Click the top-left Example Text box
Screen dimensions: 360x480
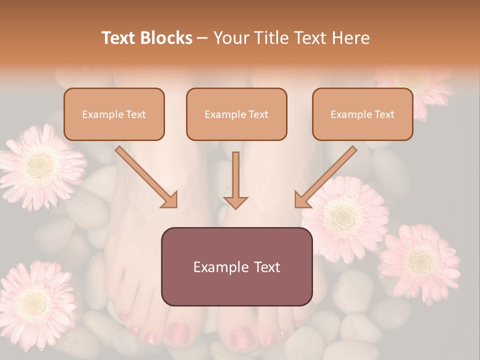click(114, 114)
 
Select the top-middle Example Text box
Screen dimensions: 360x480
click(236, 114)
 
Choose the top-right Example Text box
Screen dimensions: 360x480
click(362, 114)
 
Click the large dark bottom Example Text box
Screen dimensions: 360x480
click(236, 266)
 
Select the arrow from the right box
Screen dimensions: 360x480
click(325, 177)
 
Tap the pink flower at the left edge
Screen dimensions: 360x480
click(40, 166)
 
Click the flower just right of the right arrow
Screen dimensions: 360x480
click(345, 218)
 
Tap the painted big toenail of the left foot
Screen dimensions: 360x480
click(177, 331)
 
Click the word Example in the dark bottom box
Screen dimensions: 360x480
click(214, 267)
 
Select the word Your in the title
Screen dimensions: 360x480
click(229, 38)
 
